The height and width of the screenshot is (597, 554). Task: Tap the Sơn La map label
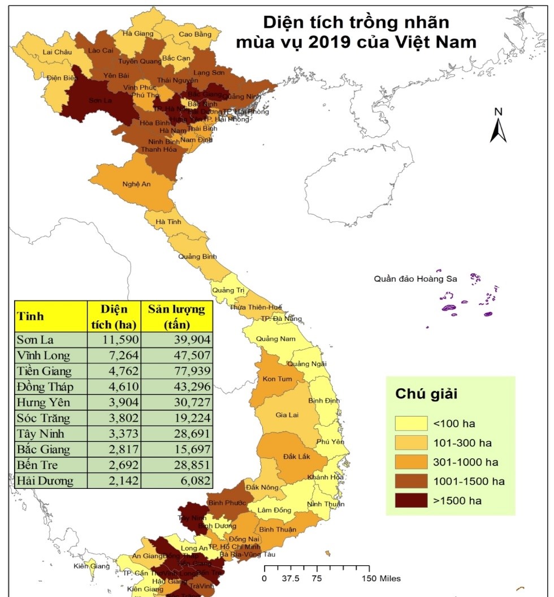click(99, 101)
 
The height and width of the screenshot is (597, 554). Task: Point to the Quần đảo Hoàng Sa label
click(415, 278)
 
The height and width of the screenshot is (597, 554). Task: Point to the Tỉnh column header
click(31, 316)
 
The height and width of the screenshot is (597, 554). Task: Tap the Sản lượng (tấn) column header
click(176, 316)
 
